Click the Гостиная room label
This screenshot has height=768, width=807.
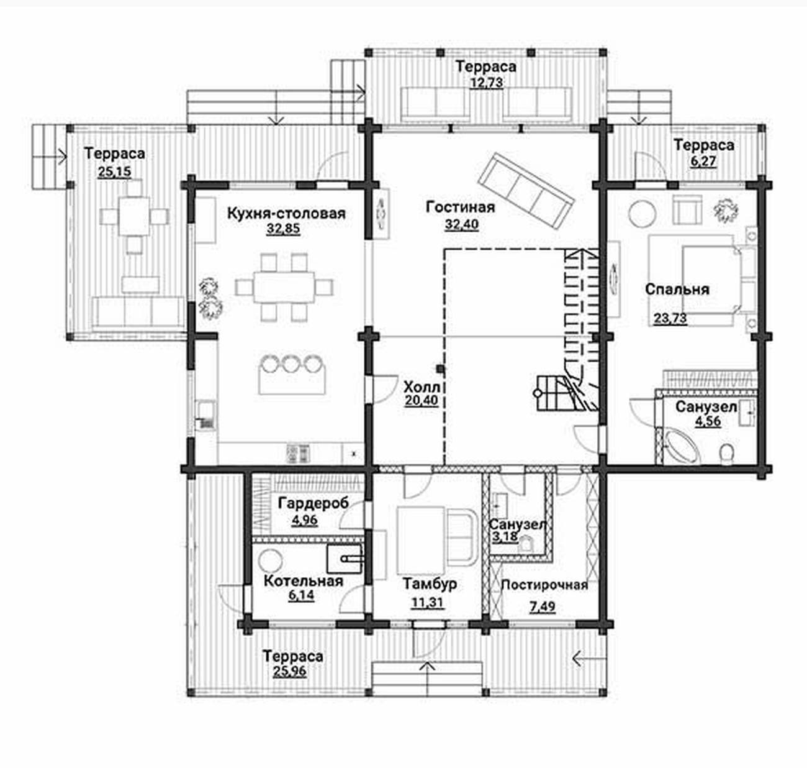tap(460, 208)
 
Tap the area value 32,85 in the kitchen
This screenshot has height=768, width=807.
tap(283, 229)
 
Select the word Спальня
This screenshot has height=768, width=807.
tap(677, 290)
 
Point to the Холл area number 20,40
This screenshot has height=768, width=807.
tap(422, 400)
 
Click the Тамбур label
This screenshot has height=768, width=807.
tap(430, 583)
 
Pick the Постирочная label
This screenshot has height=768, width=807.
tap(544, 585)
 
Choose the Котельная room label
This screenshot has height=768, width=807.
tap(303, 581)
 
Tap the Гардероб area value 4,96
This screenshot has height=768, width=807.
tap(305, 520)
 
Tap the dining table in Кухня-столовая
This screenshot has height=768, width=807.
tap(284, 287)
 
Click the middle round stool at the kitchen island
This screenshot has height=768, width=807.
tap(291, 363)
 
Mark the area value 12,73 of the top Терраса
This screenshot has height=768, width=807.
tap(486, 83)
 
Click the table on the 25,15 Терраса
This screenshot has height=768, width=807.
tap(135, 217)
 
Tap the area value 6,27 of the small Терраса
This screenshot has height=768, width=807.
tap(703, 161)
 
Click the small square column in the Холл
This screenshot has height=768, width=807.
tap(441, 368)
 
